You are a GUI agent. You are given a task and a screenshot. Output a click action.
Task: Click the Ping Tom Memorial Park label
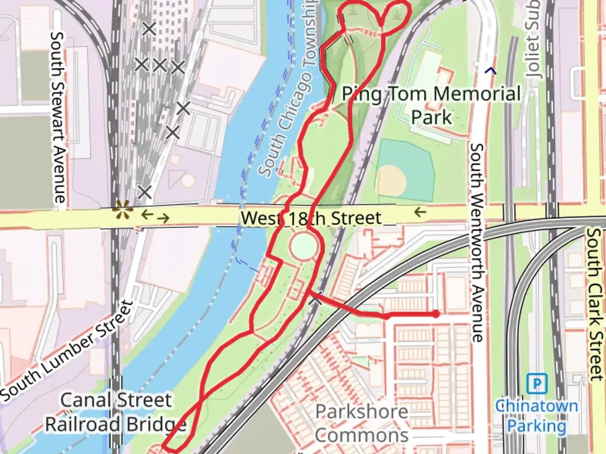click(431, 105)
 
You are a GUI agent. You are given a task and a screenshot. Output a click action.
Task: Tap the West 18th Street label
click(311, 218)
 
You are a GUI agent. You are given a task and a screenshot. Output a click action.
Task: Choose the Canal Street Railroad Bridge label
click(116, 412)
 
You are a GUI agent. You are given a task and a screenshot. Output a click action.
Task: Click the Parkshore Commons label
click(361, 423)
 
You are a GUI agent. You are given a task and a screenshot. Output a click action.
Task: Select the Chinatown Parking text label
click(536, 416)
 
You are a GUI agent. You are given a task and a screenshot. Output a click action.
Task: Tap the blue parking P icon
click(537, 383)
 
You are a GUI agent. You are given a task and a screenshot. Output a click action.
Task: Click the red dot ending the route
click(436, 314)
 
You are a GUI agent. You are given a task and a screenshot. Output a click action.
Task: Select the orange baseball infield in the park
click(391, 179)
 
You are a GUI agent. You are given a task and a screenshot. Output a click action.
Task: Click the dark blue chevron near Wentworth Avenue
click(490, 71)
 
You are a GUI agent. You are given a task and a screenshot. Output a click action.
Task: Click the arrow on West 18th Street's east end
click(420, 212)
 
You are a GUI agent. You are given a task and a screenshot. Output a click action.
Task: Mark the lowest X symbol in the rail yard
click(144, 192)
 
